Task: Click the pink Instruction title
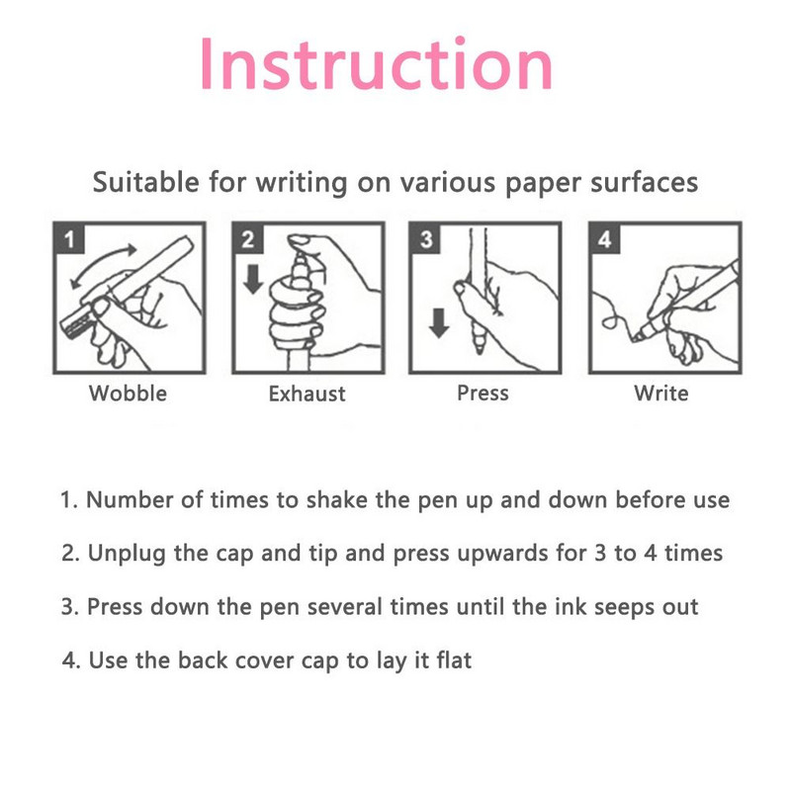coord(377,63)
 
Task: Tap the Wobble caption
coord(129,394)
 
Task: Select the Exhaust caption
coord(308,394)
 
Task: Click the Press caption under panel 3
coord(483,393)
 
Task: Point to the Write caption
coord(661,394)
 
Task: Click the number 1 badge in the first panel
coord(69,238)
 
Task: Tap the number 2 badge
coord(248,238)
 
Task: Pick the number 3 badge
coord(426,238)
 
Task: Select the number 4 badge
coord(604,238)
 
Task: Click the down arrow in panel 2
coord(253,279)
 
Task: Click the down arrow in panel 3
coord(439,323)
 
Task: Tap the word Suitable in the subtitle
coord(145,182)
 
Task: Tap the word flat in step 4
coord(455,659)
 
